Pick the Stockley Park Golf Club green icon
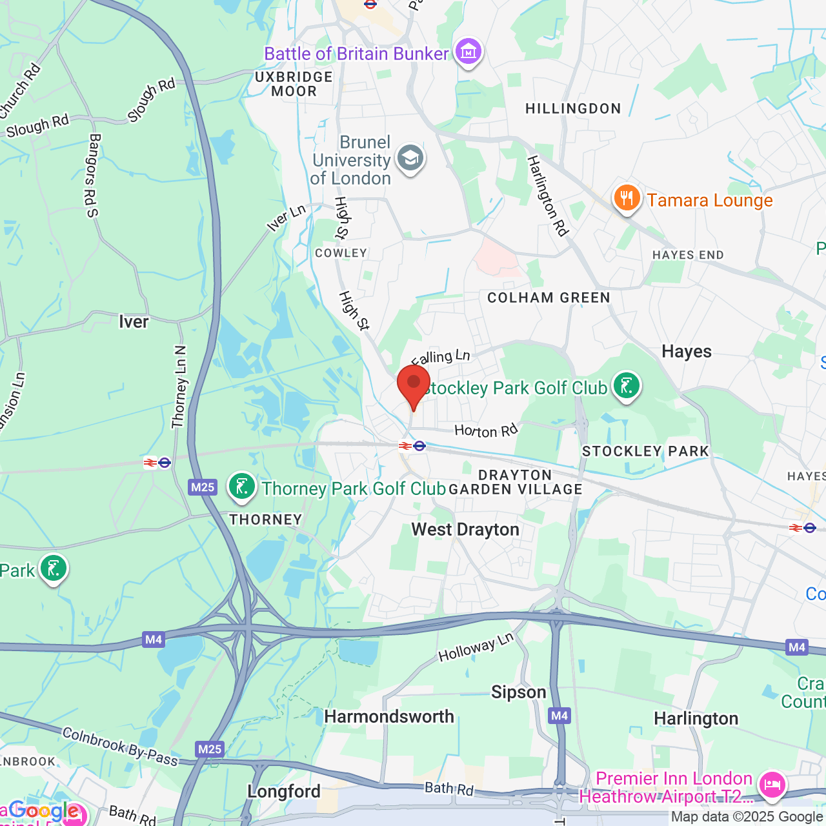pos(626,386)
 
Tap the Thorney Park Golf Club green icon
pos(242,487)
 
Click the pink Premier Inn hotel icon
pos(772,785)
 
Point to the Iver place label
pos(134,321)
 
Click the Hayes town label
pos(687,352)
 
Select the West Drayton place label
pos(465,530)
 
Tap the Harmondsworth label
pos(389,717)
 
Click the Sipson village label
pos(518,692)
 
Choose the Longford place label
pos(284,792)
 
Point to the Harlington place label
pos(696,719)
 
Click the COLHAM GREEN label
pos(549,297)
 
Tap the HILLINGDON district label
pos(573,108)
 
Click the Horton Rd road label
pos(486,430)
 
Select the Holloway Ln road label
pos(476,647)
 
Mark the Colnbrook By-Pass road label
pos(120,747)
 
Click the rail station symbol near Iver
pos(157,463)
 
